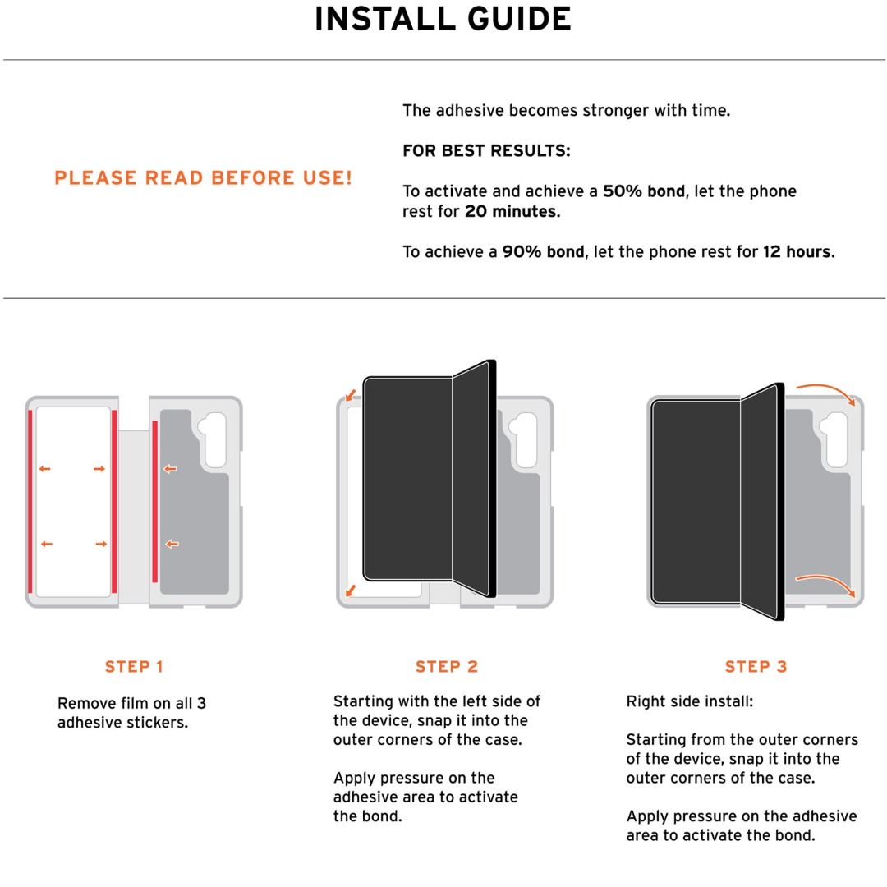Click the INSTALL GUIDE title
coord(443,19)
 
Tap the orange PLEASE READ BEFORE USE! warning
coord(203,177)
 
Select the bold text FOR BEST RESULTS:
coord(486,150)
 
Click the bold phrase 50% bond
coord(644,191)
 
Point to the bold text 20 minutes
coord(512,212)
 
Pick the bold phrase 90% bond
coord(543,252)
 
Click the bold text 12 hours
coord(799,252)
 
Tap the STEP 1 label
coord(134,666)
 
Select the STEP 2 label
coord(447,666)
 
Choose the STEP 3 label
coord(756,666)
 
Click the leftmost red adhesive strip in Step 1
coord(30,501)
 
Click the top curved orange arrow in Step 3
coord(827,390)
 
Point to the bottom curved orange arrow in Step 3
coord(827,579)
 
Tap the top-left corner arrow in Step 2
coord(351,395)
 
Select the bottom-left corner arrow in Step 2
coord(351,590)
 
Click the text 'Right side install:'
coord(690,701)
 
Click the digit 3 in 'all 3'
coord(201,703)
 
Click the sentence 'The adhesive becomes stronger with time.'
coord(566,110)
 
